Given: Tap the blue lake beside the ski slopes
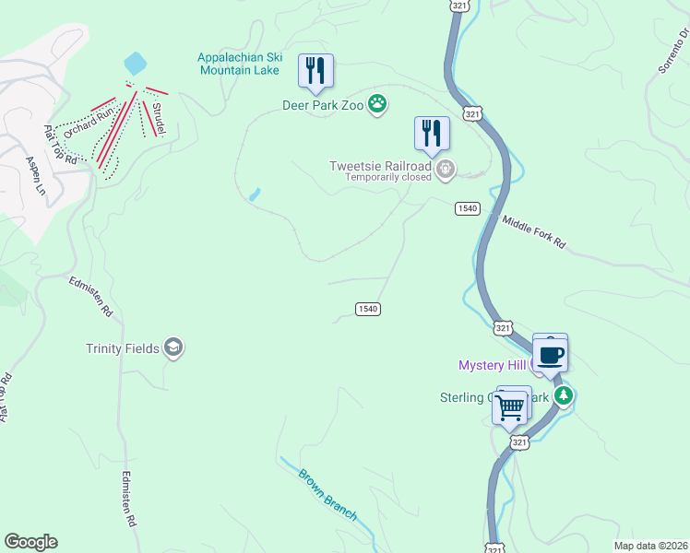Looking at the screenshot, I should tap(135, 63).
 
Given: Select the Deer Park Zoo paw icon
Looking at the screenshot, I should tap(377, 104).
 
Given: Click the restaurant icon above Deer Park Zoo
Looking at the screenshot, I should tap(315, 71).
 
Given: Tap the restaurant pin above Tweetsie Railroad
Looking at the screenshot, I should tap(432, 134).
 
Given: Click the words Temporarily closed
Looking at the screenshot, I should tap(387, 178).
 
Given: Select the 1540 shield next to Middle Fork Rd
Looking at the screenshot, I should tap(467, 208).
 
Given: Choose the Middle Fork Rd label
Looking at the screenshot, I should tap(533, 233).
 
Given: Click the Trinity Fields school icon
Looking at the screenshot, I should tap(172, 347).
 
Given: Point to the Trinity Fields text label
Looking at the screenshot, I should tap(122, 348).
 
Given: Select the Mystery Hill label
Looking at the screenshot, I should tap(492, 366).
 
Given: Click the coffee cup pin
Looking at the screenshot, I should tap(551, 353).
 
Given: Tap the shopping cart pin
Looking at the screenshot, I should tap(511, 406).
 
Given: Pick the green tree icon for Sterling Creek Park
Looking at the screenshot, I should tap(563, 396).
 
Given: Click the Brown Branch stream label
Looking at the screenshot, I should tap(327, 495).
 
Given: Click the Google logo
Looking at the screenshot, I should tap(30, 542).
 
